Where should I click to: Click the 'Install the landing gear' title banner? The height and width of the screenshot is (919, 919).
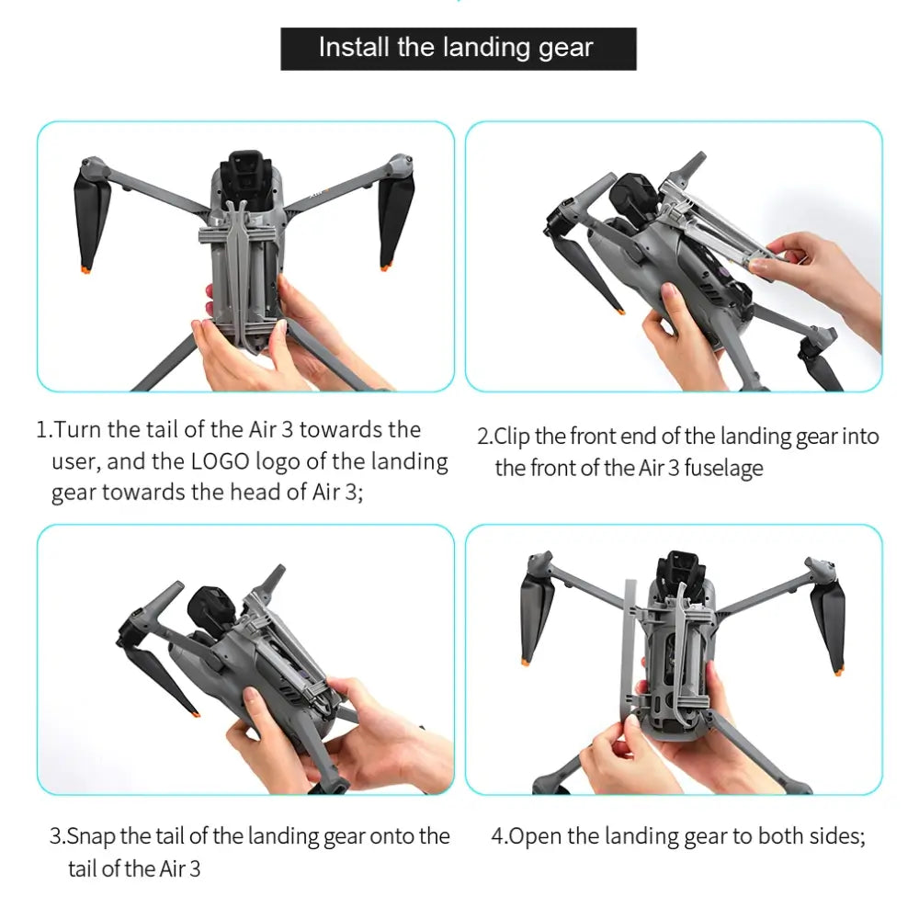click(x=459, y=49)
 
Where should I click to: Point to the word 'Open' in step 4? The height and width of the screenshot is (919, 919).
click(x=536, y=836)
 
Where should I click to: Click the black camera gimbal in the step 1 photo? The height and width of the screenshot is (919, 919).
click(x=246, y=171)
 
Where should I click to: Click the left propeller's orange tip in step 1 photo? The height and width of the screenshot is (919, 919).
click(x=86, y=269)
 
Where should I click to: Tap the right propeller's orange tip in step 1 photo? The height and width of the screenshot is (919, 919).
click(x=386, y=267)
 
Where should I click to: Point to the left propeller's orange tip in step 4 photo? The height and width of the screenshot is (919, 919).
click(x=525, y=662)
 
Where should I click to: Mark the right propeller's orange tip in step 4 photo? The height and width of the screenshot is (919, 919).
click(x=839, y=671)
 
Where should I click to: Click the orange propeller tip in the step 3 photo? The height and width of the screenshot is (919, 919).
click(x=195, y=713)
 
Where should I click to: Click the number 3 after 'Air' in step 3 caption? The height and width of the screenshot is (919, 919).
click(x=195, y=868)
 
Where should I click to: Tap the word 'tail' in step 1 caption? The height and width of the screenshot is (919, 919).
click(x=162, y=429)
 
